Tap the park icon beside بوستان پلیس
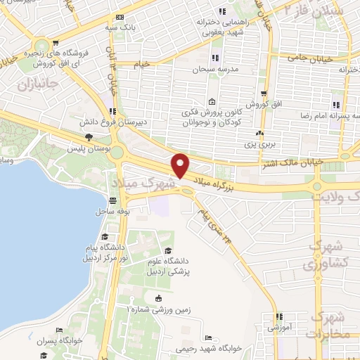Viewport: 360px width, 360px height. point(88,138)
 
